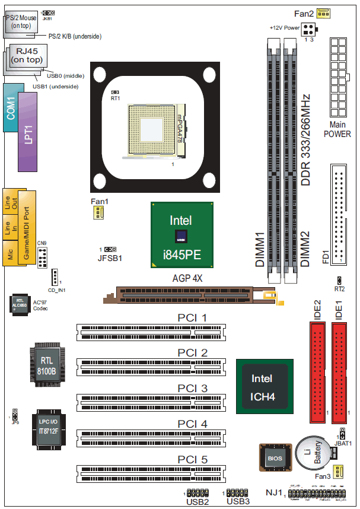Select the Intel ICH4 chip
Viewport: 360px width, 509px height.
click(x=262, y=385)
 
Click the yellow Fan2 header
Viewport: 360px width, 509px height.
click(x=323, y=13)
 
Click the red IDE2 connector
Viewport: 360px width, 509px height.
click(x=318, y=368)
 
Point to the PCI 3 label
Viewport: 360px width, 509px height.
click(x=193, y=389)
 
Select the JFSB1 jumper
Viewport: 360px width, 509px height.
click(x=110, y=250)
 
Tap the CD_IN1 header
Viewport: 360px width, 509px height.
click(x=55, y=277)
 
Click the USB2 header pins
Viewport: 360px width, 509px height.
click(x=197, y=493)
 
